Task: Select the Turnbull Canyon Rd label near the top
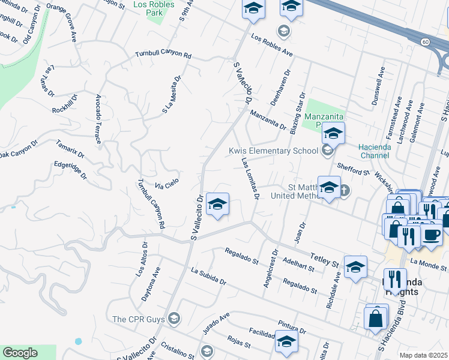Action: click(x=163, y=55)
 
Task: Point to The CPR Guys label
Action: click(x=139, y=319)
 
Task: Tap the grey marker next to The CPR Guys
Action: click(x=174, y=317)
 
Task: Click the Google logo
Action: click(x=20, y=353)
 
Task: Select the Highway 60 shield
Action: click(x=425, y=41)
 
